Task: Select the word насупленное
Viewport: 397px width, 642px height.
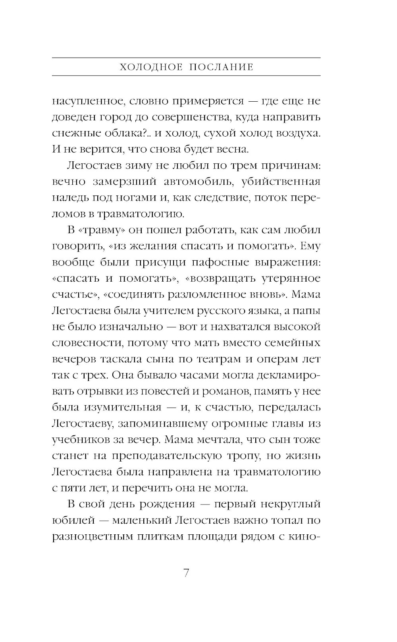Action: pyautogui.click(x=85, y=101)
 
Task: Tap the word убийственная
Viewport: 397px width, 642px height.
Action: pyautogui.click(x=281, y=182)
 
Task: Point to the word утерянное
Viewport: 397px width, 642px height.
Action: pyautogui.click(x=291, y=278)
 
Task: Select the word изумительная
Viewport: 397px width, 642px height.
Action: pyautogui.click(x=122, y=408)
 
